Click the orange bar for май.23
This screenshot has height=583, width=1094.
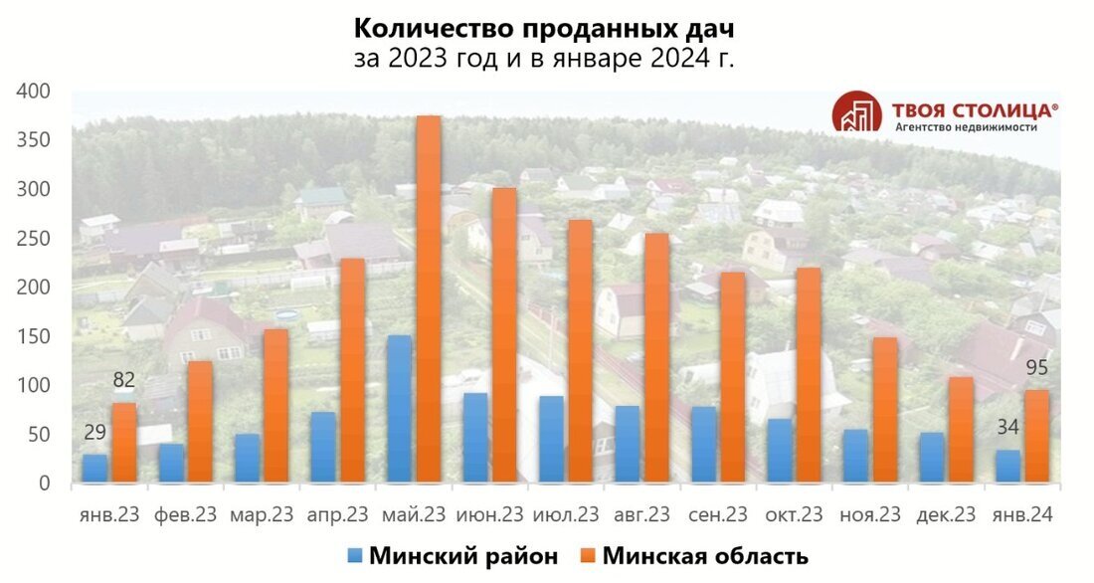point(429,299)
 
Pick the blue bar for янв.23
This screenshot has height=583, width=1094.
point(94,469)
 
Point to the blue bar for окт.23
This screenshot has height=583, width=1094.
point(781,451)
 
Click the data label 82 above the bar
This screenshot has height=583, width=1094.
point(124,380)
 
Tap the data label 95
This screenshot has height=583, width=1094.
point(1036,368)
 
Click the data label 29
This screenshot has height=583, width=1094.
point(94,433)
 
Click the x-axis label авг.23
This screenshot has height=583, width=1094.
point(641,514)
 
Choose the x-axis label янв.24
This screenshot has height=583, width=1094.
point(1021,514)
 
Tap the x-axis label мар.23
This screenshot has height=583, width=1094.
point(262,514)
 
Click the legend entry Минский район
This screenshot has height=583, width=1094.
point(452,556)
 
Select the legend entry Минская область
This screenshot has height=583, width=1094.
point(693,556)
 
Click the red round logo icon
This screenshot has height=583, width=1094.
point(856,111)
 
